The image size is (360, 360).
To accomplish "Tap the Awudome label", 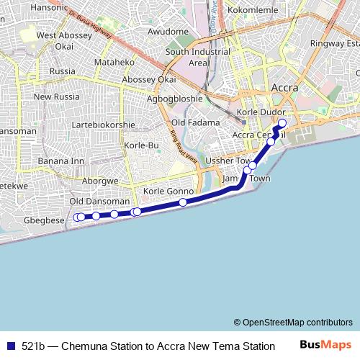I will click(x=168, y=32).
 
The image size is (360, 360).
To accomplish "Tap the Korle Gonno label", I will click(x=168, y=191).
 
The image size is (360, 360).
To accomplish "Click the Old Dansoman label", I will click(x=100, y=202).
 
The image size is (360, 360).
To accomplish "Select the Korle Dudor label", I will click(x=261, y=113).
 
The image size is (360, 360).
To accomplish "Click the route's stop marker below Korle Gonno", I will click(x=183, y=202).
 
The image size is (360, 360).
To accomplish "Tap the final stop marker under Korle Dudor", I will click(x=282, y=122).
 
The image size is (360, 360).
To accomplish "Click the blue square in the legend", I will click(x=10, y=346).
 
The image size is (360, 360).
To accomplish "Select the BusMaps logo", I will click(x=326, y=345).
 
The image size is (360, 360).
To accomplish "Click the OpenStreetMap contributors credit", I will click(x=293, y=323).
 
